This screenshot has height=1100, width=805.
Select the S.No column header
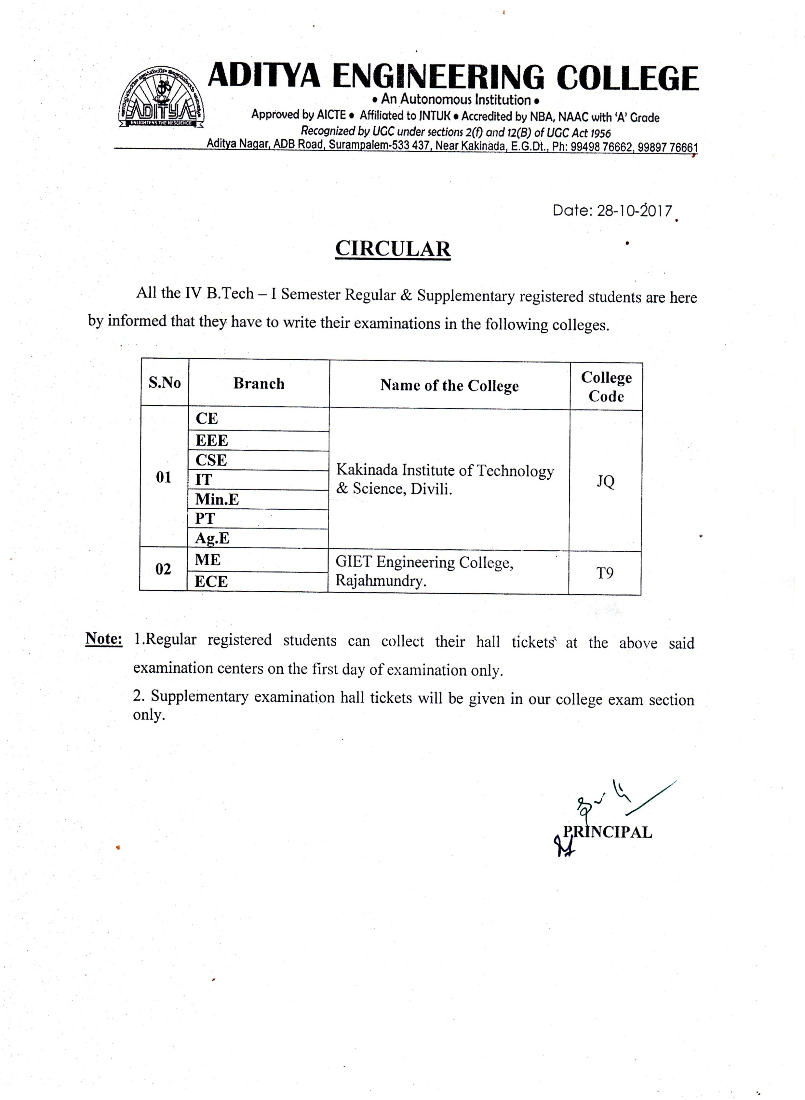click(165, 383)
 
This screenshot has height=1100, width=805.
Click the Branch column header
click(259, 384)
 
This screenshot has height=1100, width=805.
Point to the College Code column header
click(606, 387)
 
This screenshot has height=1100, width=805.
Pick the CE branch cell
click(207, 418)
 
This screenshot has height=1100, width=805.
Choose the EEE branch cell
click(212, 440)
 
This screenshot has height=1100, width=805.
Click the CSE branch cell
click(211, 460)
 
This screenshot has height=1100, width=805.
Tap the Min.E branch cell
click(217, 499)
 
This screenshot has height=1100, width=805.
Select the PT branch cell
click(205, 519)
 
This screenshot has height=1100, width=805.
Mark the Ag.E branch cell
click(212, 538)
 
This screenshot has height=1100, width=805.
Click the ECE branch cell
click(211, 582)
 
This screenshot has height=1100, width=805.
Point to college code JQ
click(606, 481)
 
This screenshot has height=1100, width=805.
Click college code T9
click(605, 573)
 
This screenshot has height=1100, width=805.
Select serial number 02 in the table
click(163, 569)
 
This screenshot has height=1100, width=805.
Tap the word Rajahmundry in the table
click(380, 581)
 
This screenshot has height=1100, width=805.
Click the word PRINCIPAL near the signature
click(607, 832)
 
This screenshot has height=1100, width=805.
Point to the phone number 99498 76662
click(601, 147)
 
